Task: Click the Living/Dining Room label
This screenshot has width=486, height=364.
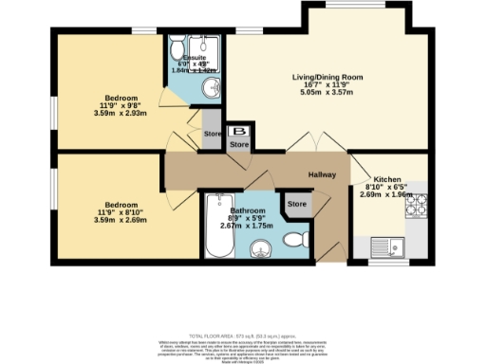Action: [x=292, y=74]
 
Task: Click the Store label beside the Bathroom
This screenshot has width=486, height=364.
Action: [x=298, y=204]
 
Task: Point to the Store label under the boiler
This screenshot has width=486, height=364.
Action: [x=239, y=145]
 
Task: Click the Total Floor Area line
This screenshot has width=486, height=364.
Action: [x=242, y=336]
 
